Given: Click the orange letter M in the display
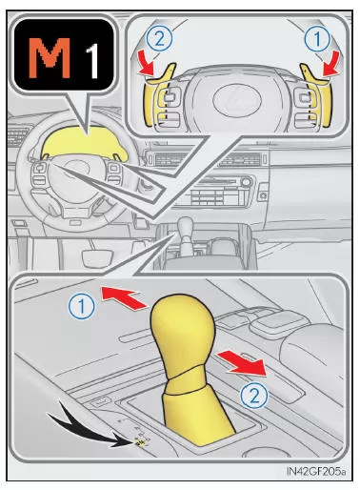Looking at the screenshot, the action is click(50, 58).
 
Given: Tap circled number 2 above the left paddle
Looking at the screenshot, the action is click(159, 39).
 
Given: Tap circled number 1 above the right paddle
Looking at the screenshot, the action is click(317, 39).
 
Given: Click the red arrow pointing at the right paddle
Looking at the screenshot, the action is click(330, 65).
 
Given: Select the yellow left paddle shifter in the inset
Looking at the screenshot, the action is click(158, 94).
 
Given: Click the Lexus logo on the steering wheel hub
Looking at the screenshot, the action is click(237, 100).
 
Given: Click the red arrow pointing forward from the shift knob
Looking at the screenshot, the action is click(124, 297).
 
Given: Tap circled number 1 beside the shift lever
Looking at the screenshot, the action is click(82, 306).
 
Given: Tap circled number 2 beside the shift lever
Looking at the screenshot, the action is click(254, 397).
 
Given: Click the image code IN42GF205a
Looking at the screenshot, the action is click(316, 471).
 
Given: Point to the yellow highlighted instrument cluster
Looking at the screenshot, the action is click(83, 144).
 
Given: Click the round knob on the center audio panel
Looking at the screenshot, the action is click(246, 183).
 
